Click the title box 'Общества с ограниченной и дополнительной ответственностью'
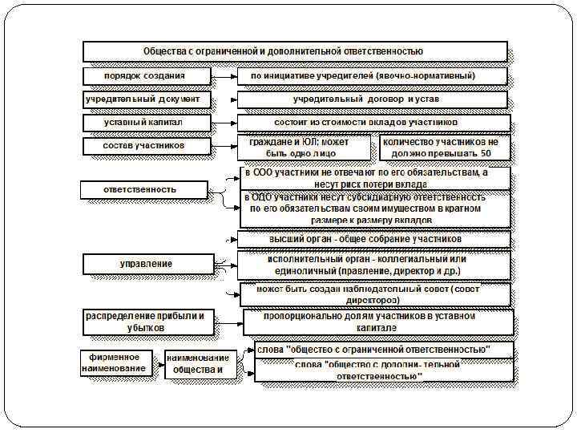tap(295, 51)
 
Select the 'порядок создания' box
tap(147, 76)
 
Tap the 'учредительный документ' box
tap(147, 99)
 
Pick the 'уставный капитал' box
tap(147, 123)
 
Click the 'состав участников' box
tap(147, 146)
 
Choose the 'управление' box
tap(147, 264)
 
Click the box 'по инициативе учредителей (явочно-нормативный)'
tap(373, 76)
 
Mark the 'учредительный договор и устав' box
tap(373, 99)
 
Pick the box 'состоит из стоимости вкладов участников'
tap(373, 123)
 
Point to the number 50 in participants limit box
tap(486, 152)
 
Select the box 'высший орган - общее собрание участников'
tap(373, 239)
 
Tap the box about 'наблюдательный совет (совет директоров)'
tap(373, 293)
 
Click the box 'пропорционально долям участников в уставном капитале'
tap(378, 322)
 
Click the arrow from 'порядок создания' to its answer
tap(224, 76)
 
